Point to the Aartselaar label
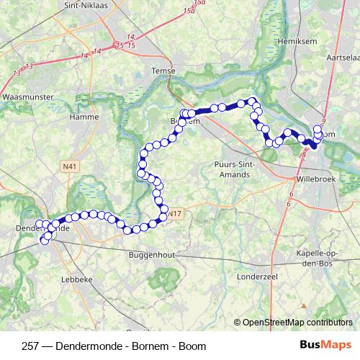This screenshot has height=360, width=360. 343,56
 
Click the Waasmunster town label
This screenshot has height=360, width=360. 26,96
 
